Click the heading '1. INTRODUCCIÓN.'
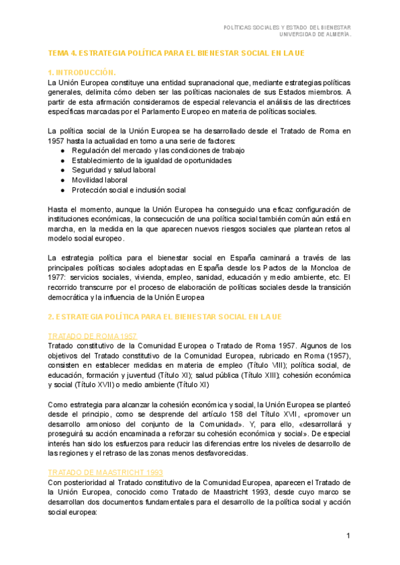click(83, 71)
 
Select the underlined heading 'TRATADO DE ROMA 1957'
click(93, 336)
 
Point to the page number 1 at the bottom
click(348, 537)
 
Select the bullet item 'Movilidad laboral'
click(99, 180)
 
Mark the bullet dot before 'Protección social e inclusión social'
click(62, 190)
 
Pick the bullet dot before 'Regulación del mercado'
click(62, 151)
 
